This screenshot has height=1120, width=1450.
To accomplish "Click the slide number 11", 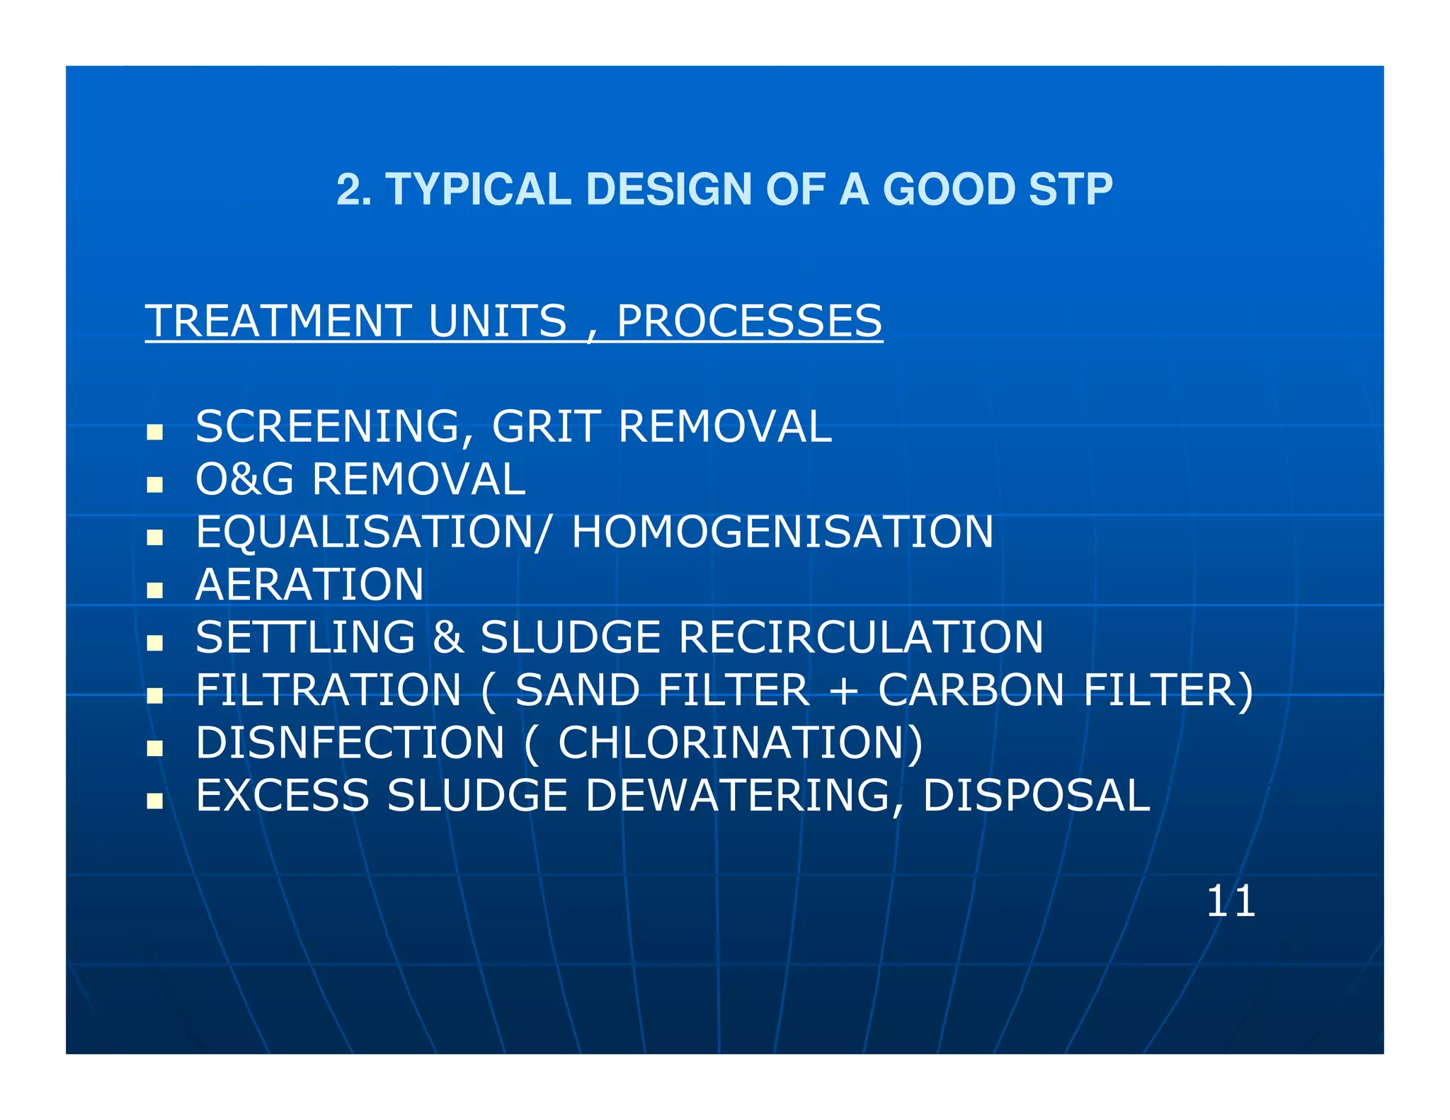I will pyautogui.click(x=1231, y=901).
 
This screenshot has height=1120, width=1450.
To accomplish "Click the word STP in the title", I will pyautogui.click(x=1070, y=189).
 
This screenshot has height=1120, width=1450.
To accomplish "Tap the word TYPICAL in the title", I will pyautogui.click(x=478, y=189).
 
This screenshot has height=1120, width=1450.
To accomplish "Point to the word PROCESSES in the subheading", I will pyautogui.click(x=749, y=321).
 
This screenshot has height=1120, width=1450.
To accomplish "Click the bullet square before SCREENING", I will pyautogui.click(x=154, y=432).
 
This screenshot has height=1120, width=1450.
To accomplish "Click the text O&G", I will pyautogui.click(x=244, y=479).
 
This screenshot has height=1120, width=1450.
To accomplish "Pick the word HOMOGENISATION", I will pyautogui.click(x=782, y=532).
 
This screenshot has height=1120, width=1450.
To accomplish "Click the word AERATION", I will pyautogui.click(x=309, y=585).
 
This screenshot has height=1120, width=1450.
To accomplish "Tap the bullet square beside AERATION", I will pyautogui.click(x=154, y=590).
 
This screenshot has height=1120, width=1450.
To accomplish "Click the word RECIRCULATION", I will pyautogui.click(x=860, y=637).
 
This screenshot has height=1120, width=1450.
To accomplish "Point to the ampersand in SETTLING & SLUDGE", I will pyautogui.click(x=447, y=637).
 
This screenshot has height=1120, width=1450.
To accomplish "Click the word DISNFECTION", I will pyautogui.click(x=350, y=743).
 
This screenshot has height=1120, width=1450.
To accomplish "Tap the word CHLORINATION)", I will pyautogui.click(x=741, y=743).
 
